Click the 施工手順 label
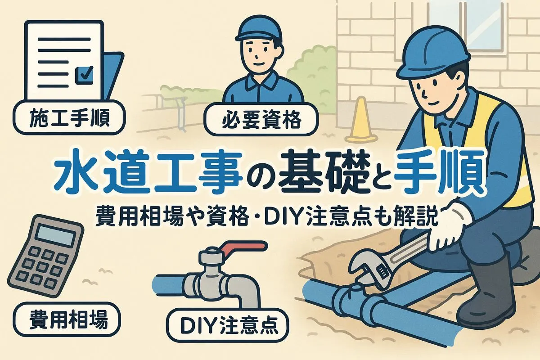point(69,117)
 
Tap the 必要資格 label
point(261,119)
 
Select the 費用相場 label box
point(67,320)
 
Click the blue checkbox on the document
point(84,76)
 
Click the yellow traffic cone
point(361,122)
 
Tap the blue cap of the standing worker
point(258,30)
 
